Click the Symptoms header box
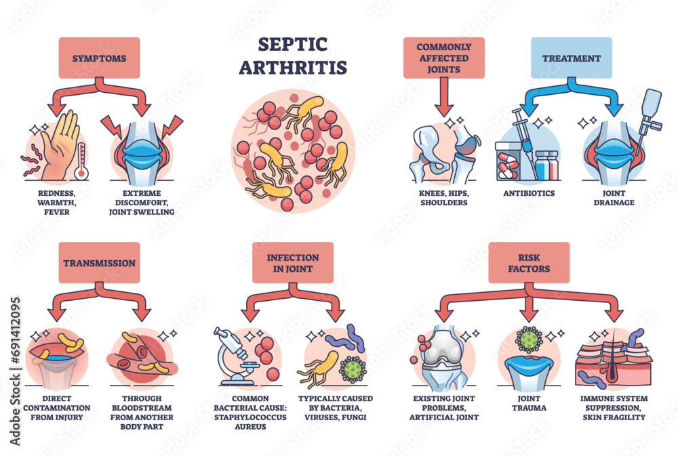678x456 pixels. click(99, 58)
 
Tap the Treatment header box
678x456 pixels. click(571, 58)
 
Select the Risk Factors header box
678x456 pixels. click(530, 263)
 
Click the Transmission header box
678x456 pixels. click(99, 263)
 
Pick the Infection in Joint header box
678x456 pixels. click(293, 263)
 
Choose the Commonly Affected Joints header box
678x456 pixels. click(443, 58)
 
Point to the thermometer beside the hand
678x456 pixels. click(82, 160)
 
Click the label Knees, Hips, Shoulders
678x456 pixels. click(443, 198)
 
